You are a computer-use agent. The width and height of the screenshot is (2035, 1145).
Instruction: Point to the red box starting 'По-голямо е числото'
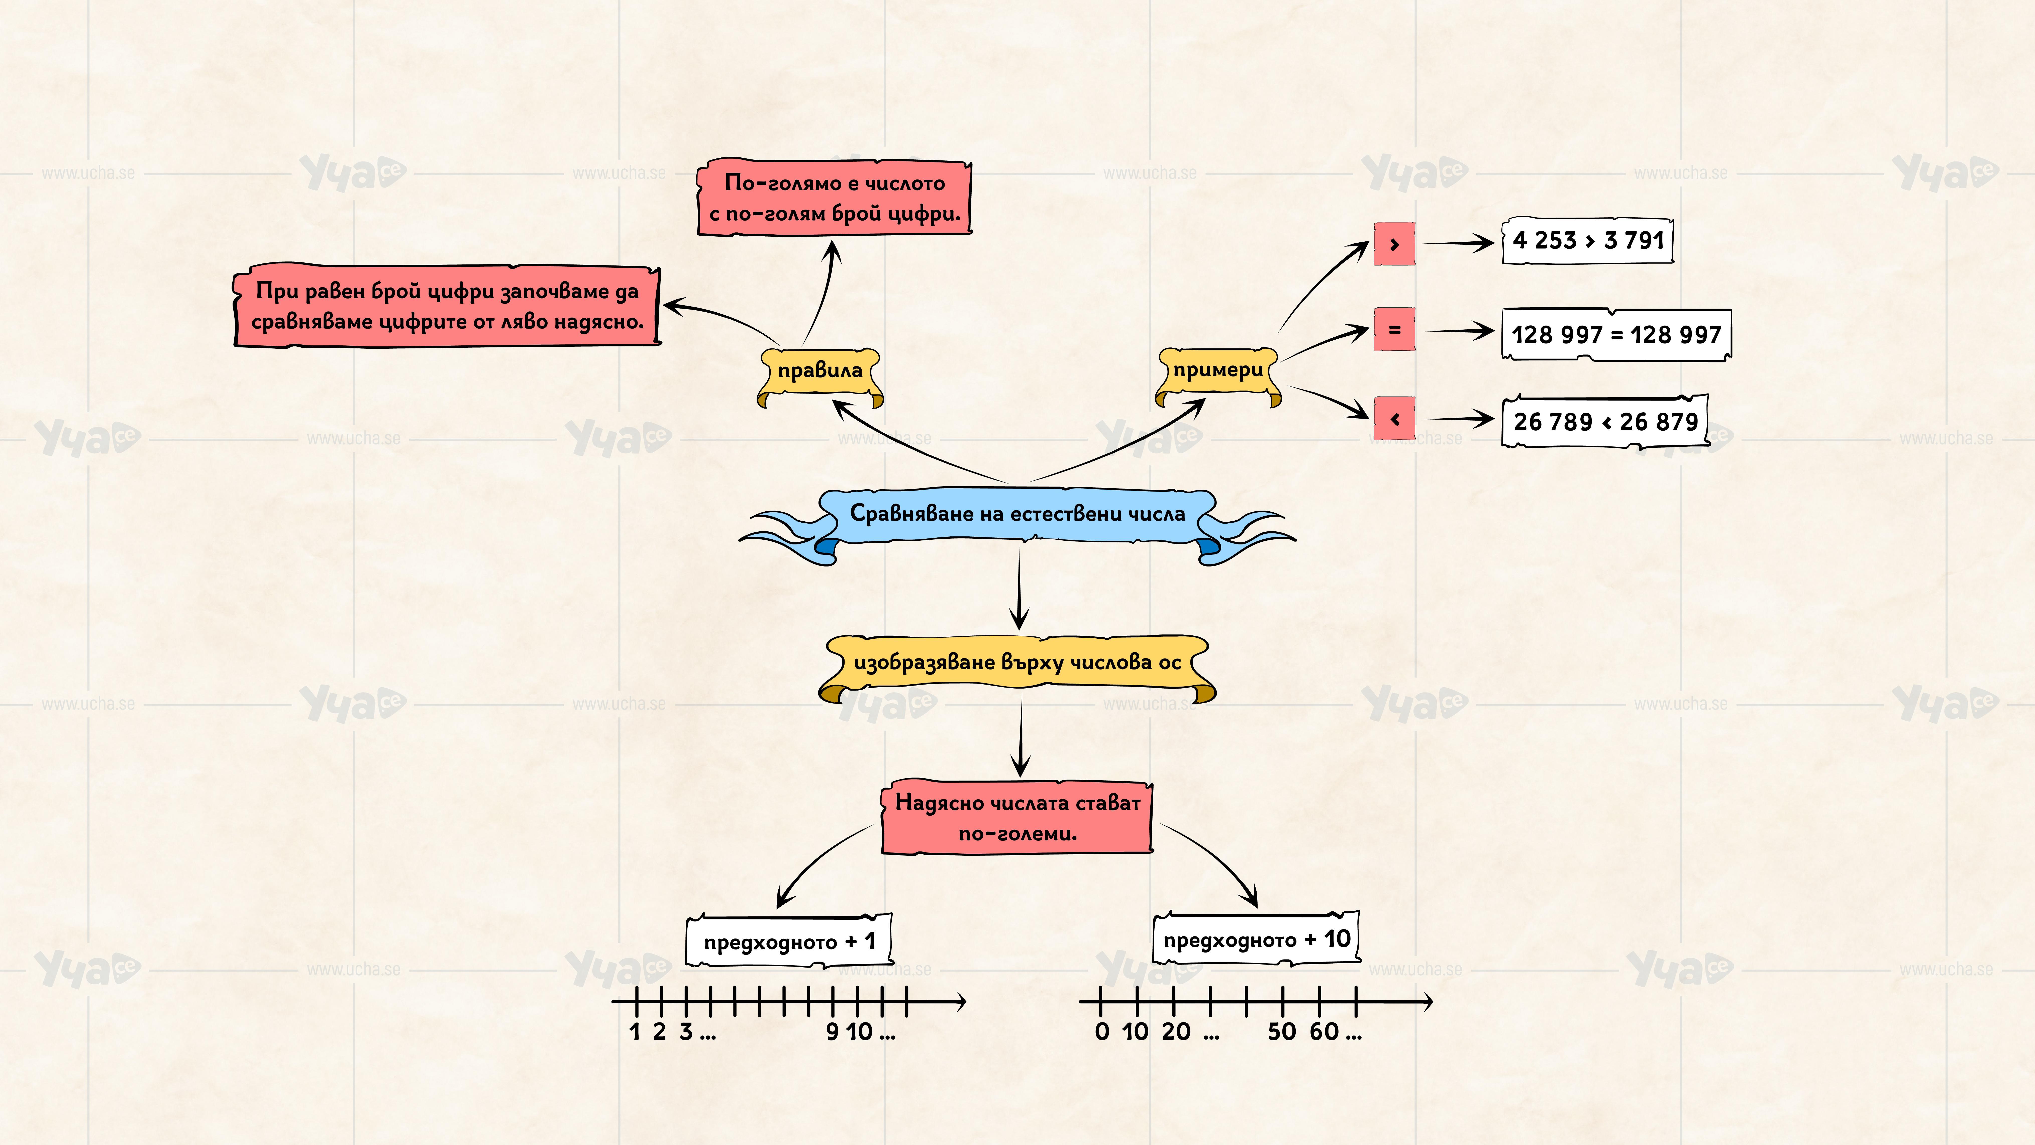[834, 198]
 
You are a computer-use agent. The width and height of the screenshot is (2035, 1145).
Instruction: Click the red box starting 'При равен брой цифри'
[447, 306]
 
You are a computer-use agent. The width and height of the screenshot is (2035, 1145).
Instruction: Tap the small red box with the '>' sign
[1394, 244]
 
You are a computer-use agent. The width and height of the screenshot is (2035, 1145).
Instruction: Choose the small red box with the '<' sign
[1394, 419]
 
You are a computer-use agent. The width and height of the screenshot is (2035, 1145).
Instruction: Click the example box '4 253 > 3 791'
[1588, 240]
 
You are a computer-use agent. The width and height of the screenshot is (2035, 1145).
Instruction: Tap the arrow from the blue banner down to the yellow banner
[1019, 589]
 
